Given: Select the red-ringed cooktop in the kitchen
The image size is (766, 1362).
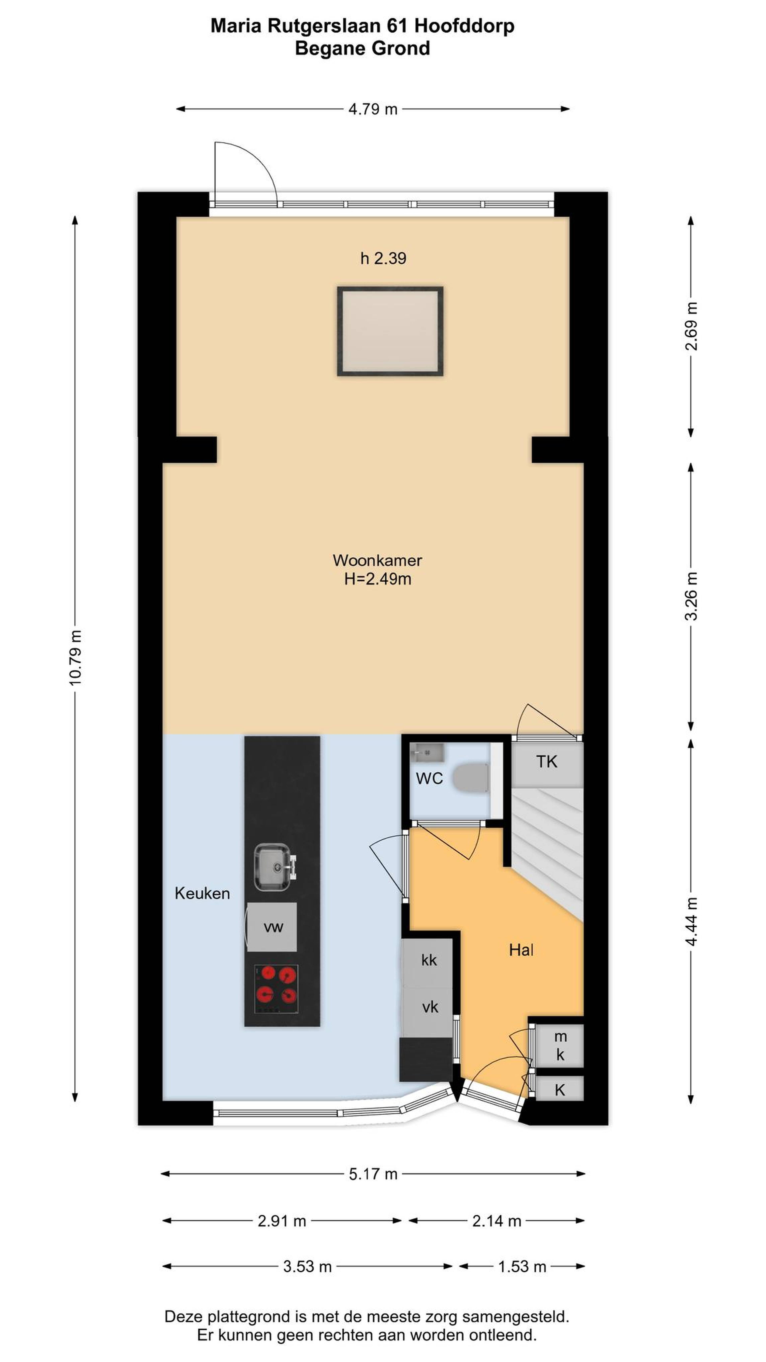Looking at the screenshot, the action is (276, 989).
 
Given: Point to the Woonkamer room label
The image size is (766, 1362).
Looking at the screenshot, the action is (377, 560).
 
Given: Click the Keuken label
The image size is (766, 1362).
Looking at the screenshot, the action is (202, 894).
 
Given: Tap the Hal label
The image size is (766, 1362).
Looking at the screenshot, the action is (521, 950).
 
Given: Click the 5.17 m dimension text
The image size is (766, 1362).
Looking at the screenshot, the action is (373, 1174).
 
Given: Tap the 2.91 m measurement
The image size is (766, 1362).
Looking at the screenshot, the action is (282, 1221).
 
